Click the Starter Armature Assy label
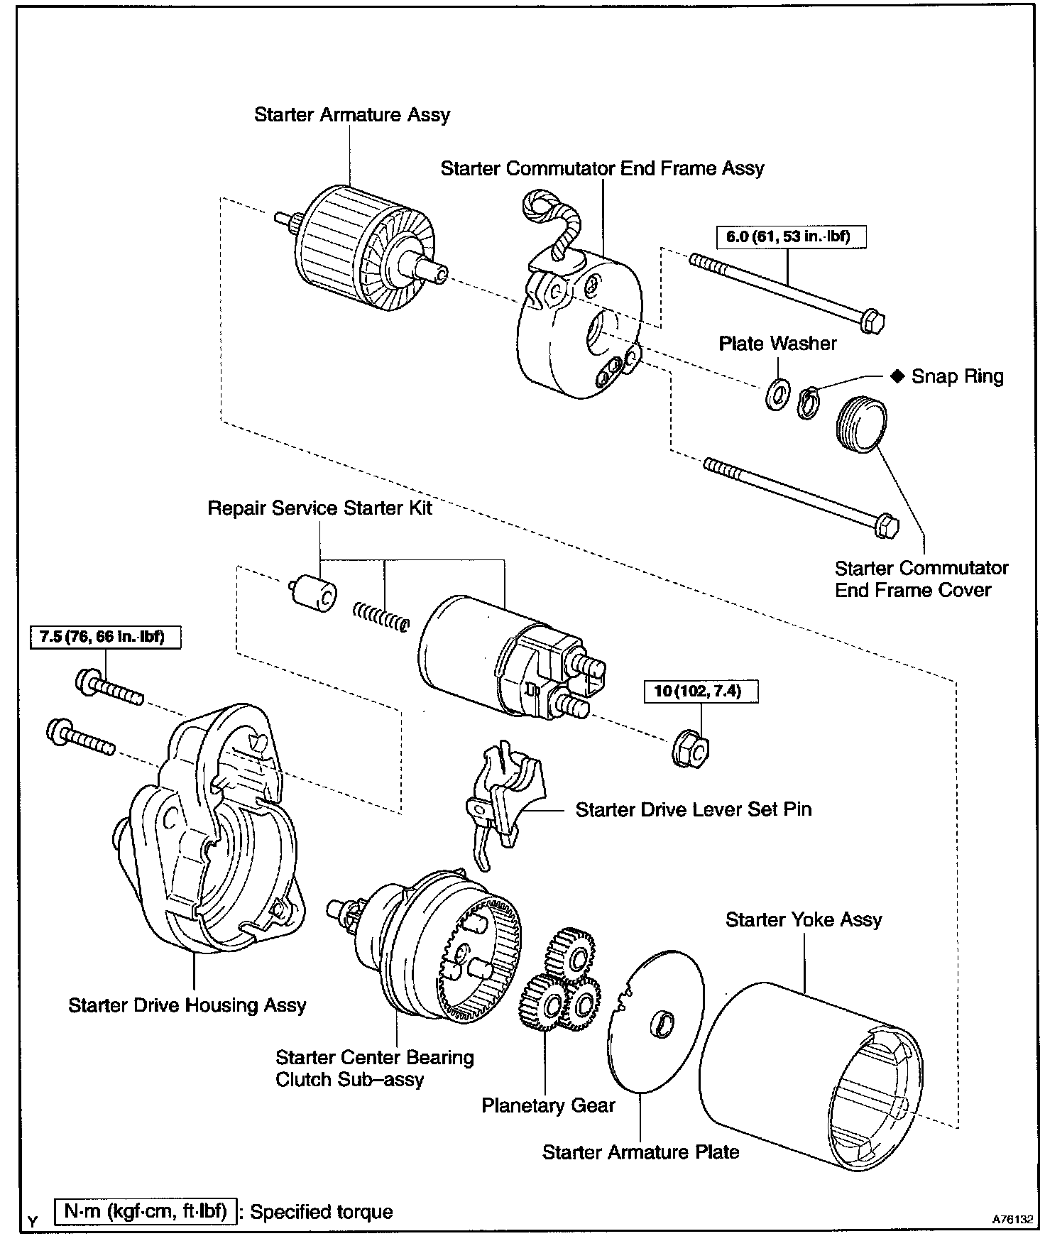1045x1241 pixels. point(352,115)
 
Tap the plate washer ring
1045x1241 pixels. point(777,393)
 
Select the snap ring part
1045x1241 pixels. point(807,403)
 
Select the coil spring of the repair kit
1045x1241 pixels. point(381,616)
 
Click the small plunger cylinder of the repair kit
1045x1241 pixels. point(314,594)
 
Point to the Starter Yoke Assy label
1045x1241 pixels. point(804,920)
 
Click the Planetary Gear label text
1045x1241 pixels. point(548,1105)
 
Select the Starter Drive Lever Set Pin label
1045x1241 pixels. point(693,809)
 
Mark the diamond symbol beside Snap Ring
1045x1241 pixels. point(897,376)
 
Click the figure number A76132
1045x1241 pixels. point(1012,1218)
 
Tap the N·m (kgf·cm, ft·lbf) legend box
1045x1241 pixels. point(145,1211)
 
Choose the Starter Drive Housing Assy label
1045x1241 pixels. point(187,1005)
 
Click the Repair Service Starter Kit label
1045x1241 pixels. point(319,508)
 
